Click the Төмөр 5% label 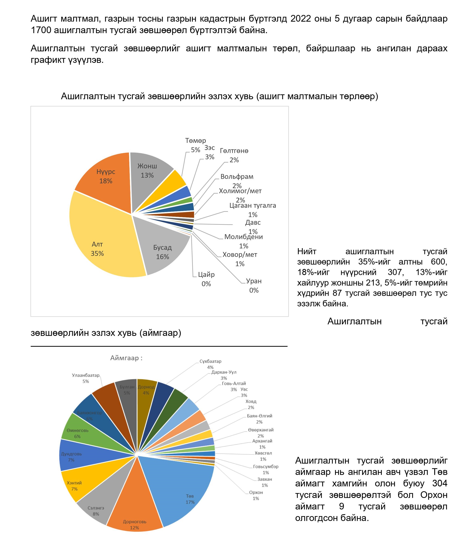tap(196, 145)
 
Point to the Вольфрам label tap(237, 177)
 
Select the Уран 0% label tap(254, 285)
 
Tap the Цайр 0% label tap(206, 279)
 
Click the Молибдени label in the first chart tap(243, 237)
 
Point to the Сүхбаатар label tap(210, 362)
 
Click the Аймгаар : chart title tap(126, 358)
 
